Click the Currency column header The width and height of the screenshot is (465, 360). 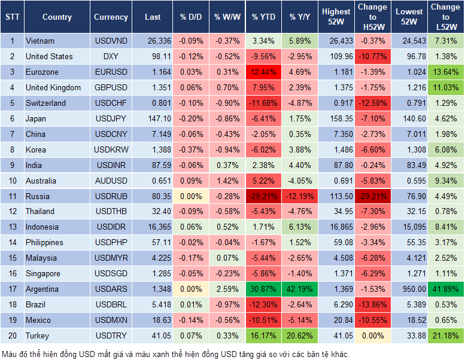[111, 17]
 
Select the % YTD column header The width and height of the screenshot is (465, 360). [263, 17]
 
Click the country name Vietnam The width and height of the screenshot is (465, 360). [40, 41]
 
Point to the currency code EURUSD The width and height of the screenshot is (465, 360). [111, 72]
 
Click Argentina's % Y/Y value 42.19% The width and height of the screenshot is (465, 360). [300, 289]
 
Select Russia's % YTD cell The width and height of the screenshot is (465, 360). [263, 196]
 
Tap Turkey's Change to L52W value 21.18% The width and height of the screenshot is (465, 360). [445, 336]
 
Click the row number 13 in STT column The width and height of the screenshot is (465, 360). [12, 227]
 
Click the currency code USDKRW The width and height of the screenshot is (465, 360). [111, 150]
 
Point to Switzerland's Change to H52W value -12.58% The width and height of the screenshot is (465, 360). [372, 103]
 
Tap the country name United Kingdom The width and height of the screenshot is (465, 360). [53, 88]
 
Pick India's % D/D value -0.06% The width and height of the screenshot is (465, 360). [190, 166]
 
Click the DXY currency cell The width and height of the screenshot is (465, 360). [111, 57]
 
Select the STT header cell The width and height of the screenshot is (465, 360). [12, 17]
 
